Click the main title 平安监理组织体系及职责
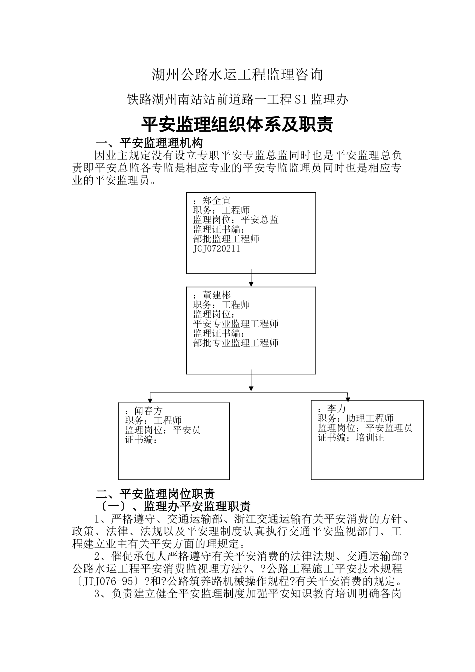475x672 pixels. tap(237, 125)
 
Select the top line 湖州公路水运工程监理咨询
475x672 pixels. tap(237, 75)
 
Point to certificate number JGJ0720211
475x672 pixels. tap(216, 248)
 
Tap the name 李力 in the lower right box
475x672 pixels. tap(336, 409)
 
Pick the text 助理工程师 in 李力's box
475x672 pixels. tap(370, 418)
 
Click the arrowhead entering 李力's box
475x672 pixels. tap(348, 398)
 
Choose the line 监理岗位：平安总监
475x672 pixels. tap(236, 220)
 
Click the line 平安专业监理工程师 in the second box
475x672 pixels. tap(236, 324)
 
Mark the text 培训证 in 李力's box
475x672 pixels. tap(370, 438)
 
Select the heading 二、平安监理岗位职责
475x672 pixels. tap(155, 494)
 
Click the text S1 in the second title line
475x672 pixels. tap(301, 100)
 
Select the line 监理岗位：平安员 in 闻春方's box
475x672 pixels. tap(163, 430)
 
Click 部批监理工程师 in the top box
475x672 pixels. tap(226, 239)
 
